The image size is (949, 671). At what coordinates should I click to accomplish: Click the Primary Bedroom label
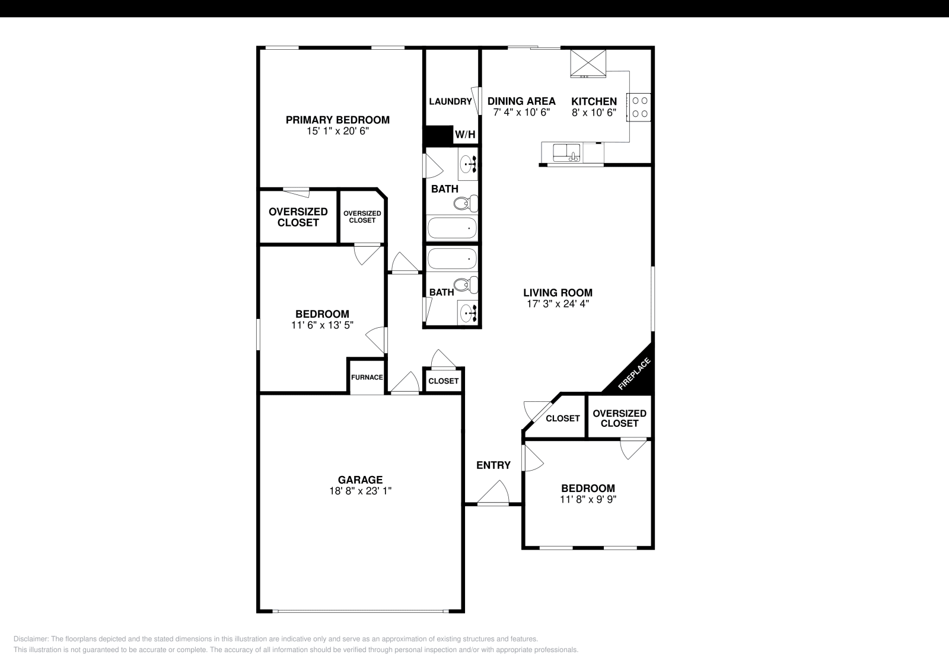point(337,120)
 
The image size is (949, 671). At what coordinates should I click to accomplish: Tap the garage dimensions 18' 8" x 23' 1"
point(360,491)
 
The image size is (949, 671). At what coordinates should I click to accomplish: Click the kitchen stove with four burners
point(639,107)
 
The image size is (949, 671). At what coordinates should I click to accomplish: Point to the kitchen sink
point(566,153)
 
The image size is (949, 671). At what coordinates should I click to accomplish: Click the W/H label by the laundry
point(465,135)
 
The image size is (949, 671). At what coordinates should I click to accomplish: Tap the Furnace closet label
point(367,377)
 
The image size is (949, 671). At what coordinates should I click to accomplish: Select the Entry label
point(493,465)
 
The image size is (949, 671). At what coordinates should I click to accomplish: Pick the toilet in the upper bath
point(466,204)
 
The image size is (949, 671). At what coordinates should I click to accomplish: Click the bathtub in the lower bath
point(452,259)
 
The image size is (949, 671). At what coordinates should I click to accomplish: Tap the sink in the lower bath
point(468,312)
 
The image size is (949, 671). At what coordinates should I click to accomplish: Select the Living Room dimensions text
point(558,304)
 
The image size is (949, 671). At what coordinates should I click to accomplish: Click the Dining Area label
point(521,101)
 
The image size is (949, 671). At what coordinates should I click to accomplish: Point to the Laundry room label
point(450,101)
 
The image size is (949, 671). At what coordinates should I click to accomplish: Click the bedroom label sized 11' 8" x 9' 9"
point(588,488)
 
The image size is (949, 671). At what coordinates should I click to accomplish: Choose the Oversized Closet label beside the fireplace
point(619,418)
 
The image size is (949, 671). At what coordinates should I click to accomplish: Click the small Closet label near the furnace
point(443,381)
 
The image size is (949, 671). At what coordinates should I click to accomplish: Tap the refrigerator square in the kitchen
point(588,63)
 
